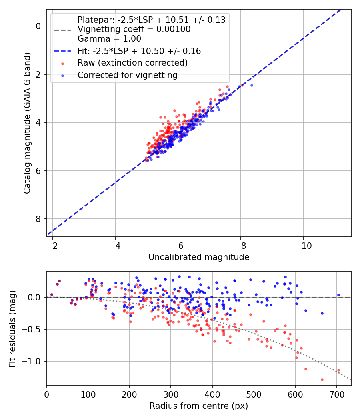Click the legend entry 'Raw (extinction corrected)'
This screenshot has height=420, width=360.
pyautogui.click(x=132, y=63)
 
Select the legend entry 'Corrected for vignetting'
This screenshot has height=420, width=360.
pyautogui.click(x=127, y=75)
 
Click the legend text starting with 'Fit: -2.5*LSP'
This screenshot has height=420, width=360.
pyautogui.click(x=139, y=51)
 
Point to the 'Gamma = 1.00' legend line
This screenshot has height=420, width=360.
pyautogui.click(x=109, y=39)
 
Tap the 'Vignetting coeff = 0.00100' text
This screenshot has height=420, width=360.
pyautogui.click(x=134, y=29)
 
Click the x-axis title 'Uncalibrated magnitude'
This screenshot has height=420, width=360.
pyautogui.click(x=199, y=257)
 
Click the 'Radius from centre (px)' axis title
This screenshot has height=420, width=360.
pyautogui.click(x=199, y=406)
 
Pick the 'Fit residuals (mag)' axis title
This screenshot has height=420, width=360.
pyautogui.click(x=13, y=329)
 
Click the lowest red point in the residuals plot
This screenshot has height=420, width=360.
pyautogui.click(x=322, y=380)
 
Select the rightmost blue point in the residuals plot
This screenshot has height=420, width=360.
pyautogui.click(x=338, y=295)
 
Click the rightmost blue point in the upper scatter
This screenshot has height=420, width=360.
pyautogui.click(x=252, y=85)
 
